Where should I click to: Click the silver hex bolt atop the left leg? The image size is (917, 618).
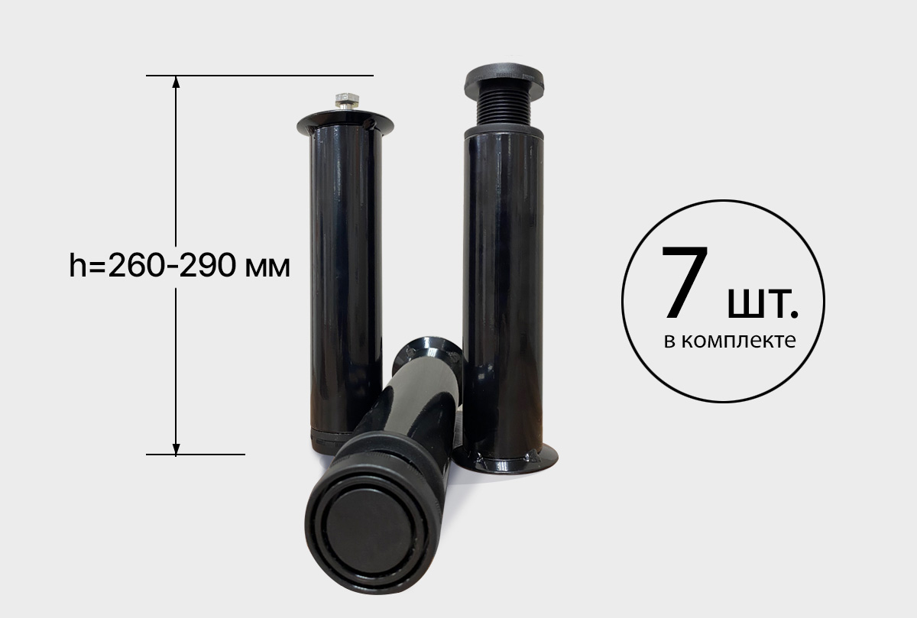tap(347, 101)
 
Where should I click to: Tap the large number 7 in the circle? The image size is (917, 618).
tap(685, 282)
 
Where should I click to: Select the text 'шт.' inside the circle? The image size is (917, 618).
tap(763, 304)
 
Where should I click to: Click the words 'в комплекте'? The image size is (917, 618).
tap(730, 341)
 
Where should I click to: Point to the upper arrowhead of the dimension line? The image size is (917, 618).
tap(176, 82)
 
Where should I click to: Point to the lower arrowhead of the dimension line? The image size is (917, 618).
tap(176, 449)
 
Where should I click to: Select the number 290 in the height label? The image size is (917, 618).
tap(208, 265)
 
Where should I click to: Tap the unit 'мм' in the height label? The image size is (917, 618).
tap(267, 268)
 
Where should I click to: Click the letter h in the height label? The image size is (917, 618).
tap(78, 265)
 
